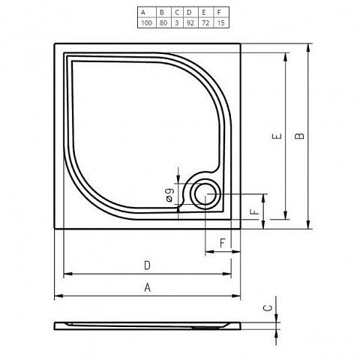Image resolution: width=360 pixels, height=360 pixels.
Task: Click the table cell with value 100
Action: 147,22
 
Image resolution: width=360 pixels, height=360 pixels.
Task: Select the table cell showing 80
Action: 163,22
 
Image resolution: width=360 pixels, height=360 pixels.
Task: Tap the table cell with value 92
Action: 190,22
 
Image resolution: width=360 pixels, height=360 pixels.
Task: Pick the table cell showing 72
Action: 206,22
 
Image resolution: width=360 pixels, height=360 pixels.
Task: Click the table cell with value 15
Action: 221,22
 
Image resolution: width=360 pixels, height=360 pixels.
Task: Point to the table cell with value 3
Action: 177,22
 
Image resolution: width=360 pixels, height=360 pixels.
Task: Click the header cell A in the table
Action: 147,12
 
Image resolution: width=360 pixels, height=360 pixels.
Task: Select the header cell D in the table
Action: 190,12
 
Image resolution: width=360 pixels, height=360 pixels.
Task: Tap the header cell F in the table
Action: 221,12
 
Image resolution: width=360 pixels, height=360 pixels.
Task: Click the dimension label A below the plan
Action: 148,287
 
